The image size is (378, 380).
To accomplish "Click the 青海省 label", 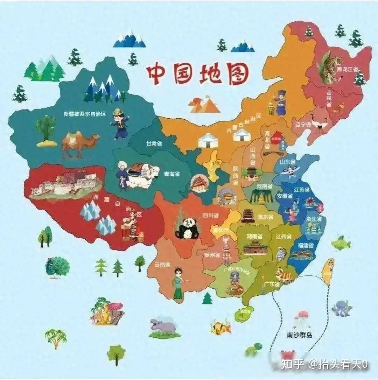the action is [172, 174].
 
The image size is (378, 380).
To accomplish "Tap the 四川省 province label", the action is [211, 216].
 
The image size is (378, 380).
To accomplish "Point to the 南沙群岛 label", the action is [299, 335].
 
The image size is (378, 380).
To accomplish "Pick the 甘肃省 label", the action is [154, 143].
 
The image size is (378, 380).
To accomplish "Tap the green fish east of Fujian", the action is [340, 242].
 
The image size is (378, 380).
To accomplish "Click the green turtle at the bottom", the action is [253, 349].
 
